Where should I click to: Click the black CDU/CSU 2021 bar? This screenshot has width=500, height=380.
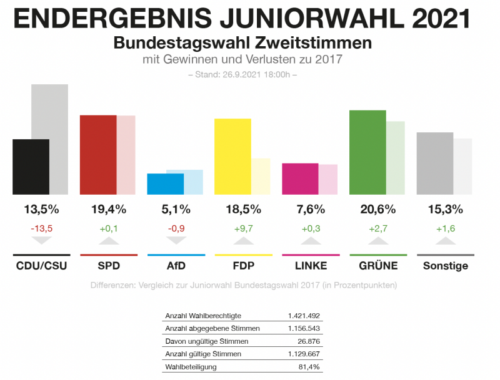31,167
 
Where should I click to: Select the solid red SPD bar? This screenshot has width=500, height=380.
98,155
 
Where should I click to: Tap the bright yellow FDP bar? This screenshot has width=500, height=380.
232,156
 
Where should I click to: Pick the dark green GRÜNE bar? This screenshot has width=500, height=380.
367,152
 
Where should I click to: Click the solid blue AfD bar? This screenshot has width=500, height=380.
166,183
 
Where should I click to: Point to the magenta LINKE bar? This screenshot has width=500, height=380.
300,178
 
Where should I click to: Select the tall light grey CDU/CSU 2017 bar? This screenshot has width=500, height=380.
50,139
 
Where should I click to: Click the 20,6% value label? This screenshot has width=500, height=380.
377,209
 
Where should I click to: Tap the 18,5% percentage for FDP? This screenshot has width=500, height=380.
242,209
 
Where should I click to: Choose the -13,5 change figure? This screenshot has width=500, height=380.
41,228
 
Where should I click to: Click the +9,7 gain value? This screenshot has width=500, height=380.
242,228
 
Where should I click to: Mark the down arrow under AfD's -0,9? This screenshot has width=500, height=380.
176,240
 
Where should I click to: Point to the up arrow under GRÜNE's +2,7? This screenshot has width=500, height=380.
377,240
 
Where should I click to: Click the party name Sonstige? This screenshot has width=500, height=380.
445,266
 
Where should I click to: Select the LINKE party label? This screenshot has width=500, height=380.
311,266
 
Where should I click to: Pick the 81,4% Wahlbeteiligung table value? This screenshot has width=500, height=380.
309,367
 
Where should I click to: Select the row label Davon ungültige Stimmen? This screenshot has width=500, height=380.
206,341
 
